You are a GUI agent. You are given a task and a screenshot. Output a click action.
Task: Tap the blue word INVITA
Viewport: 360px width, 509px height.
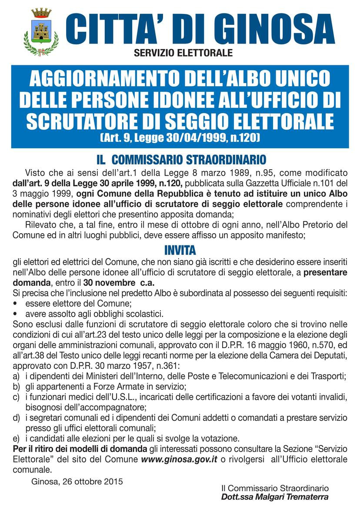pyautogui.click(x=180, y=251)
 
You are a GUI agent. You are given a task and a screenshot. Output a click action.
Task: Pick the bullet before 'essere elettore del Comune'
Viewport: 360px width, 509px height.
pyautogui.click(x=16, y=303)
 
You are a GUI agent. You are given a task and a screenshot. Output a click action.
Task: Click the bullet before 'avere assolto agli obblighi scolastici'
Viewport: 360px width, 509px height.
pyautogui.click(x=16, y=314)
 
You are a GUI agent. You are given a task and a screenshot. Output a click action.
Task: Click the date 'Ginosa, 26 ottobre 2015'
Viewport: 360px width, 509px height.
pyautogui.click(x=77, y=481)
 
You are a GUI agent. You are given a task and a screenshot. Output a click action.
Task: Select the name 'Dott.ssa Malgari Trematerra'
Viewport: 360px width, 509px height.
pyautogui.click(x=274, y=497)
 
